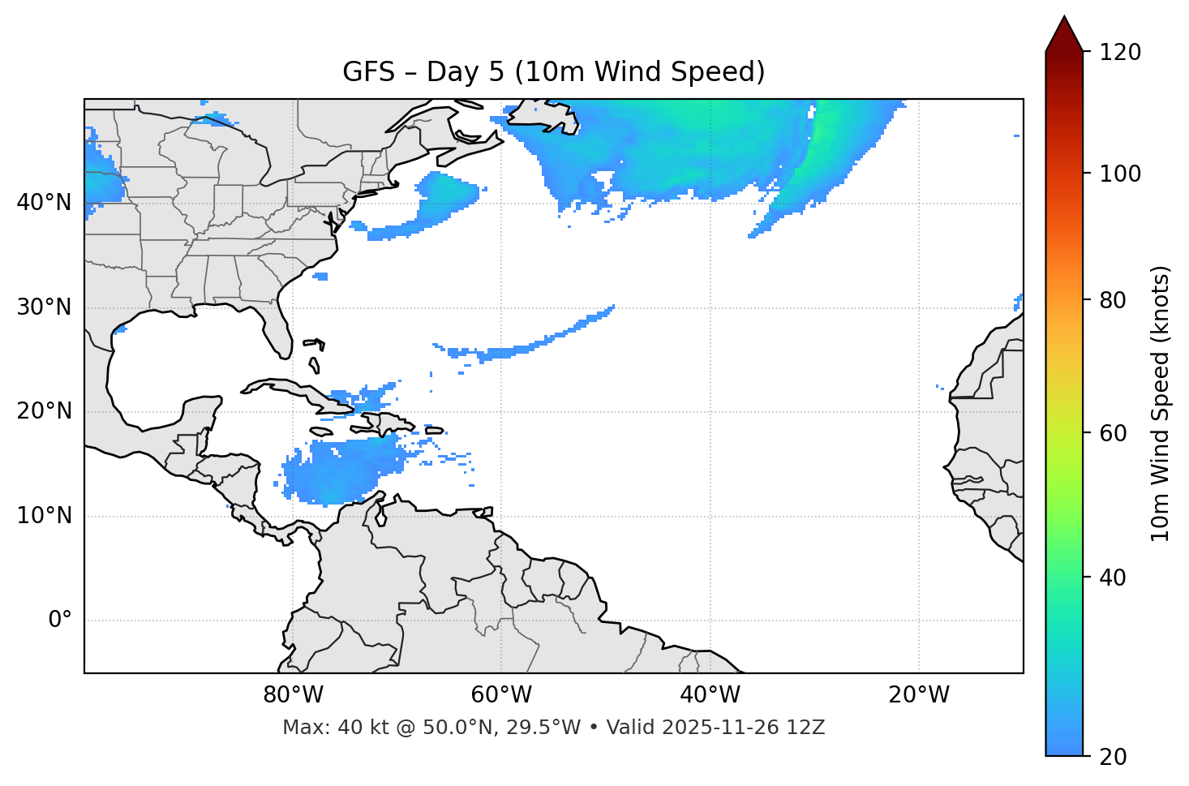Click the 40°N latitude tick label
tap(44, 203)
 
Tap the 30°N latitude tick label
tap(44, 307)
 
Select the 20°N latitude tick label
tap(44, 411)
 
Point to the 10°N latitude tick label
tap(44, 516)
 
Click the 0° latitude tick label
tap(60, 621)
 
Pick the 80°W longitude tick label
tap(293, 695)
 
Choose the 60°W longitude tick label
tap(501, 695)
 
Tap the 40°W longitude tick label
tap(710, 695)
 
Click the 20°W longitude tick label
tap(919, 695)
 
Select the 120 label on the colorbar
tap(1120, 53)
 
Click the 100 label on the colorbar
tap(1120, 174)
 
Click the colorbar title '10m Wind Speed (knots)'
tap(1161, 404)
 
